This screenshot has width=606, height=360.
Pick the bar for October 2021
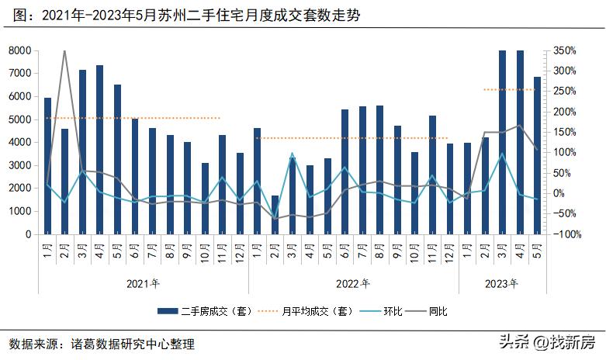[205, 199]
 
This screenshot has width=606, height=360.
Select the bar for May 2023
[537, 155]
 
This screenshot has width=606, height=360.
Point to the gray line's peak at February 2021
[64, 51]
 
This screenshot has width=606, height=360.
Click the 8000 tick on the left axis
[19, 51]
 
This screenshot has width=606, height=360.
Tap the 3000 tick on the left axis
[19, 165]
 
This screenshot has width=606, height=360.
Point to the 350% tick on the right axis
[563, 51]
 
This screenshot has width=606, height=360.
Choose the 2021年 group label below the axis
[143, 283]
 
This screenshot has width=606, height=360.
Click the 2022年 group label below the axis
[353, 283]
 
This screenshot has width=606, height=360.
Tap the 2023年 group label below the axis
[502, 283]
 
